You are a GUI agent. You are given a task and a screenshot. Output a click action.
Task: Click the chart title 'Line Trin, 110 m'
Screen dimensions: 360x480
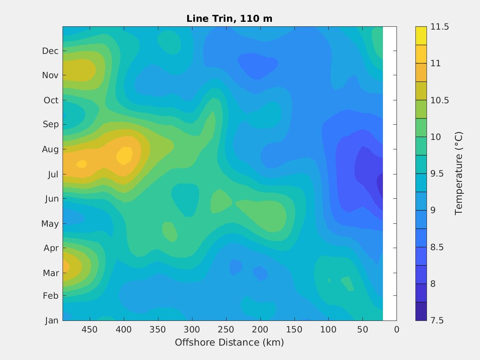[x=229, y=19]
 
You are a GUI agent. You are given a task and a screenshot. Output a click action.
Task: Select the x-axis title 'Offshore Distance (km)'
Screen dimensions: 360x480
[x=229, y=342]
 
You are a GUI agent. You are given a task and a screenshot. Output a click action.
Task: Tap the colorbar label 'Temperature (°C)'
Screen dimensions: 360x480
[x=459, y=173]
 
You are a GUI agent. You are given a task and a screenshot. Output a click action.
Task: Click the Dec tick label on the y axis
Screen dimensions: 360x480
[x=51, y=51]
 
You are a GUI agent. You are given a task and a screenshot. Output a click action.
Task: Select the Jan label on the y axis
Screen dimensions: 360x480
[x=51, y=321]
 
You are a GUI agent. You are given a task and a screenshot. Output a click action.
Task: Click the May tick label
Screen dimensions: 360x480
[x=50, y=224]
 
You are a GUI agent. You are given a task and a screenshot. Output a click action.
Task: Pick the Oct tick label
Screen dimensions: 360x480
[x=51, y=100]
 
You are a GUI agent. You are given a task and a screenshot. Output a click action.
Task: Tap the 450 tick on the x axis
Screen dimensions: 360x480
[x=90, y=330]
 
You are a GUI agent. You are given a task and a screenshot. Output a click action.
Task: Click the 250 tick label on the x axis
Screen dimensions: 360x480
[x=226, y=330]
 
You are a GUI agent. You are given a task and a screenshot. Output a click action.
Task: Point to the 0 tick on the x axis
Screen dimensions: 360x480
[x=396, y=330]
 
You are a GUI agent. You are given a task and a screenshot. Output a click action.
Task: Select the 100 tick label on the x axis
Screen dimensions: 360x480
[x=328, y=330]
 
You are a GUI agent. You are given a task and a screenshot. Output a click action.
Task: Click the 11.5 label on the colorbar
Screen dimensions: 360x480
[x=439, y=27]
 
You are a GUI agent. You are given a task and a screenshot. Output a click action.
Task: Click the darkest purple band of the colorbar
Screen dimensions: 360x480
[x=421, y=311]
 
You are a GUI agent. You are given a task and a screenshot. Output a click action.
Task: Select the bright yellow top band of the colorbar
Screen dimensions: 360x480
[x=421, y=36]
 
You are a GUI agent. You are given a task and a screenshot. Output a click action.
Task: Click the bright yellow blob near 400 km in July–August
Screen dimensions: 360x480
[x=124, y=156]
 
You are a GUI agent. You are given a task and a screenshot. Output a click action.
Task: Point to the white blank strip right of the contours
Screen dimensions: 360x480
[x=390, y=173]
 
